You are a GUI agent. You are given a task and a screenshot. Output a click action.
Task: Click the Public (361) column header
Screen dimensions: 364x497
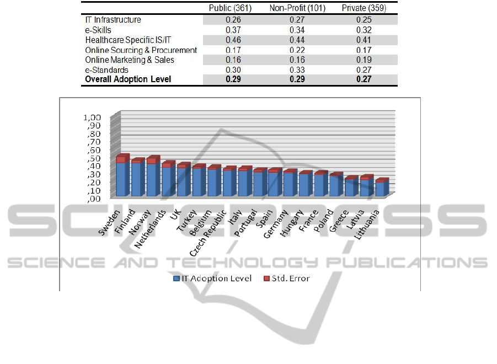227,8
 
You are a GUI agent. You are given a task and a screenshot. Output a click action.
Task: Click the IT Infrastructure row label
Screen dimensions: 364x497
113,20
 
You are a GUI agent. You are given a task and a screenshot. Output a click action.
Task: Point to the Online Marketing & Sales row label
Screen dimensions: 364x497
130,60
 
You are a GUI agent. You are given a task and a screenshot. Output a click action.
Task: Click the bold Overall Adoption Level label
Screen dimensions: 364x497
128,79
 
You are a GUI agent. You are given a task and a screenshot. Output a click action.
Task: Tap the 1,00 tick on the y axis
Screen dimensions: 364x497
93,117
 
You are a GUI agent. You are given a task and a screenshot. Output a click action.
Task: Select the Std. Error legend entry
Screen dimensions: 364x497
287,279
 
